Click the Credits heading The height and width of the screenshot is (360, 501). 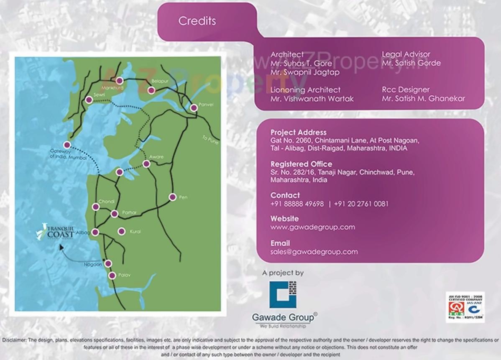pyautogui.click(x=197, y=21)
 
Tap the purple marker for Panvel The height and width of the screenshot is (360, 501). pyautogui.click(x=194, y=108)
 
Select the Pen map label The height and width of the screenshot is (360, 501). pyautogui.click(x=183, y=197)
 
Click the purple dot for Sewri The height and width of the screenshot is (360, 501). pyautogui.click(x=89, y=100)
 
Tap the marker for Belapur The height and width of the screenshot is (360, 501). pyautogui.click(x=151, y=90)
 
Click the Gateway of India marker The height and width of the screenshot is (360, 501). pyautogui.click(x=67, y=145)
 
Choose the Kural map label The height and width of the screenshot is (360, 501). pyautogui.click(x=135, y=231)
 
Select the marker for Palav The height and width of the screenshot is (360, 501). pyautogui.click(x=112, y=276)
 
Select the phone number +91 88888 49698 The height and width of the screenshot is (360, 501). pyautogui.click(x=297, y=204)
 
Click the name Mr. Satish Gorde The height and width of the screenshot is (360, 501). pyautogui.click(x=411, y=63)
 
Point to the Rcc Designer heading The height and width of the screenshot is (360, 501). pyautogui.click(x=405, y=90)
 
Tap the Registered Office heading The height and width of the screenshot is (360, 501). pyautogui.click(x=301, y=164)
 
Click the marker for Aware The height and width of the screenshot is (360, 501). pyautogui.click(x=146, y=163)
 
